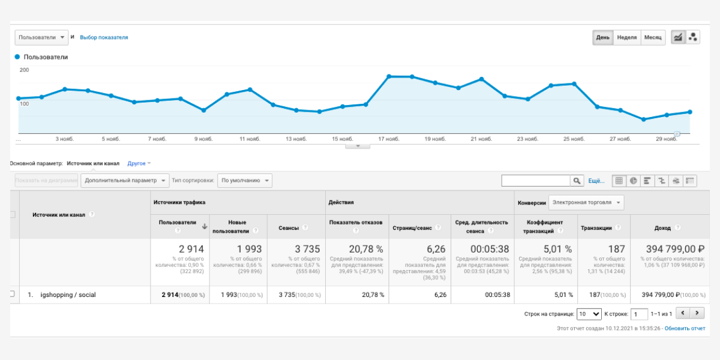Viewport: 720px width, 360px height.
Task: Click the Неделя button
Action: point(626,37)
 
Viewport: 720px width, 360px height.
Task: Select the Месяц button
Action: point(653,37)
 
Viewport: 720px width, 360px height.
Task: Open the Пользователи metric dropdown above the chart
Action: point(41,37)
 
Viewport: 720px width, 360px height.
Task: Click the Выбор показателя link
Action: point(104,37)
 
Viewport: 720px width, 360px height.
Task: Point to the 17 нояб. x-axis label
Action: point(388,139)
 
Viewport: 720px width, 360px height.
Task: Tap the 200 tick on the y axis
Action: point(24,70)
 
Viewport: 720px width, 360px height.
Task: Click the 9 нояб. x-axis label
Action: point(203,139)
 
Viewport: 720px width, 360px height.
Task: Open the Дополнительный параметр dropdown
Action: point(125,180)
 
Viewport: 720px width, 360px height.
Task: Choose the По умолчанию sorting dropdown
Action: point(245,180)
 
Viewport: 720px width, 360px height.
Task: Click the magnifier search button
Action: point(577,181)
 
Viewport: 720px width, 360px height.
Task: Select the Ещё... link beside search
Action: point(596,181)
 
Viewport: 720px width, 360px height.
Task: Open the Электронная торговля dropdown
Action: point(587,202)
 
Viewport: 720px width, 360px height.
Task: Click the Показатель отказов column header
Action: point(355,223)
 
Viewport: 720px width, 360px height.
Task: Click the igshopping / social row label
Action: point(68,295)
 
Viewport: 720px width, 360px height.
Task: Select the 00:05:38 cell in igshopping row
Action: point(497,295)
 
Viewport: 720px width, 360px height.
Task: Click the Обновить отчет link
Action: point(685,328)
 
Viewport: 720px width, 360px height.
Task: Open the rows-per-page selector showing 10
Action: point(589,314)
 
